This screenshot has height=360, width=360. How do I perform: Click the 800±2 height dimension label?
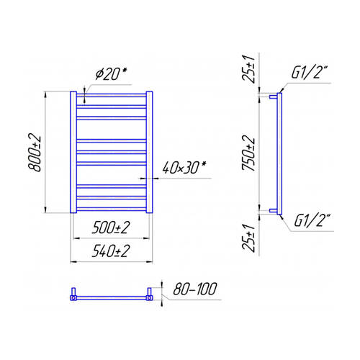pos(35,153)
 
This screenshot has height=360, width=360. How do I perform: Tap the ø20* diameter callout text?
pos(111,74)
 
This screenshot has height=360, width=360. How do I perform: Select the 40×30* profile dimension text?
pos(184,167)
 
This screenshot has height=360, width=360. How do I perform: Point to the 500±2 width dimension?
pos(111,228)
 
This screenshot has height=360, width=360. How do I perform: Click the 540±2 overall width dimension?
pos(111,251)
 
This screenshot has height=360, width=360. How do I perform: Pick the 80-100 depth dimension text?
pos(195,289)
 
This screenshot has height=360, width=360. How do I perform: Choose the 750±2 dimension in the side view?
pos(248,153)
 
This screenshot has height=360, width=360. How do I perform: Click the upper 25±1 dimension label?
pos(248,69)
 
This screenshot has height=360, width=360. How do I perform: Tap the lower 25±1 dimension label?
pos(248,238)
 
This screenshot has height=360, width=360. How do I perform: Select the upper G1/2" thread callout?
pos(310,72)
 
